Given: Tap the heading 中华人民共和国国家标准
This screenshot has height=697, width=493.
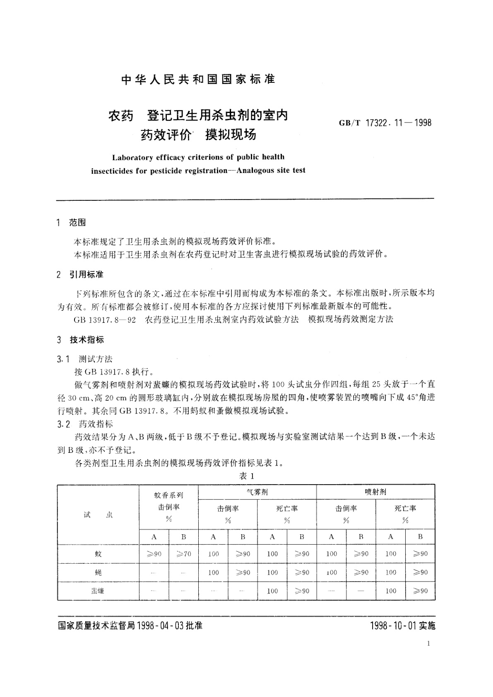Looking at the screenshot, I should click(x=198, y=79).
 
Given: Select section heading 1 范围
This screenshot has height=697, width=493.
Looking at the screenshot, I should click(x=71, y=223).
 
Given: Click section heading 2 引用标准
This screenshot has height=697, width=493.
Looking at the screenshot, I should click(x=80, y=274).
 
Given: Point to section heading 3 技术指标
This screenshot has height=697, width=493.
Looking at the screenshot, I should click(x=80, y=340).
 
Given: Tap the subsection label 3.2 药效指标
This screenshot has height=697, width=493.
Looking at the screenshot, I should click(x=84, y=424).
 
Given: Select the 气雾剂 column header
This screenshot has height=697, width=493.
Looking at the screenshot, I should click(x=257, y=492).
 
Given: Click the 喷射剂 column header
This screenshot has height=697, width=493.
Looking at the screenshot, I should click(x=375, y=492).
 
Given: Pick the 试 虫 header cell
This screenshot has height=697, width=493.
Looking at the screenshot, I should click(x=98, y=515).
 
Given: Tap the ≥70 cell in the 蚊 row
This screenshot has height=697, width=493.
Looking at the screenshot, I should click(x=183, y=554).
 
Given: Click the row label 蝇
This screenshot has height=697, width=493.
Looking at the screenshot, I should click(x=98, y=572).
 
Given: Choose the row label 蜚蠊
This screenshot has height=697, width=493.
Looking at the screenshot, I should click(x=98, y=591).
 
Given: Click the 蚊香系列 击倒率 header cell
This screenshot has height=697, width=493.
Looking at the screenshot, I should click(x=168, y=507).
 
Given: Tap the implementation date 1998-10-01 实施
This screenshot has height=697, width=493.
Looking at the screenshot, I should click(x=403, y=625).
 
